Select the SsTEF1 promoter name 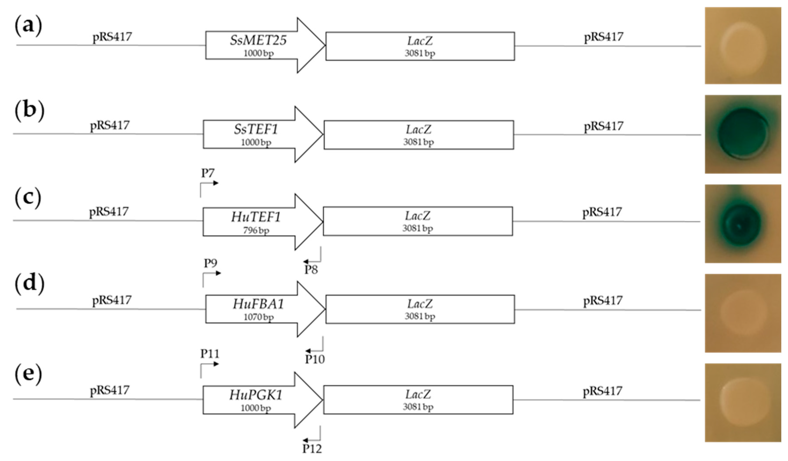(x=256, y=129)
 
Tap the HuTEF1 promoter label (x=256, y=217)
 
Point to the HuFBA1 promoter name (x=258, y=304)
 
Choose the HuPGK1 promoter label (x=256, y=395)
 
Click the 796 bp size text (x=256, y=231)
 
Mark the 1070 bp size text (x=258, y=317)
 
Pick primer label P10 (x=315, y=360)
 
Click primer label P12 (x=312, y=449)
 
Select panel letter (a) (x=28, y=26)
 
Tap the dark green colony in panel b (x=743, y=134)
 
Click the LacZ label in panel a (x=420, y=41)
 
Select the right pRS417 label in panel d (x=603, y=301)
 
